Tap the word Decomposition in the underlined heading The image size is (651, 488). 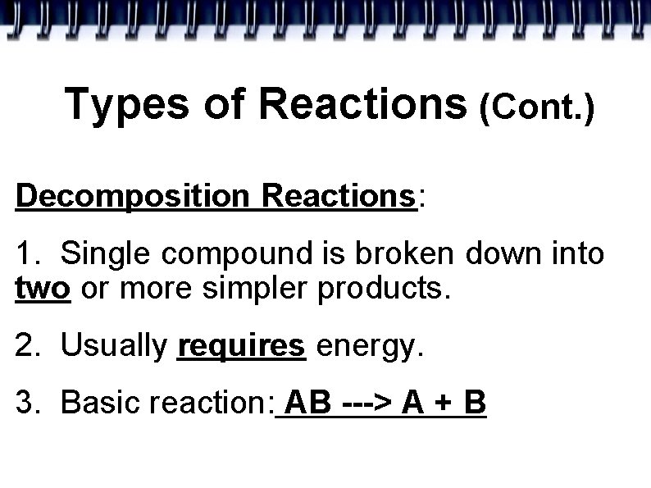click(132, 197)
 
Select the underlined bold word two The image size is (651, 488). click(43, 290)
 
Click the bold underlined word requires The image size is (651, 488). click(241, 347)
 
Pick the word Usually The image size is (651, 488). click(113, 348)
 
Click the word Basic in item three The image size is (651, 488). click(94, 403)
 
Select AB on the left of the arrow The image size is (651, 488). click(307, 403)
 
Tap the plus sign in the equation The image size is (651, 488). click(443, 404)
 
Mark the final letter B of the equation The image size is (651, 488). click(475, 403)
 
